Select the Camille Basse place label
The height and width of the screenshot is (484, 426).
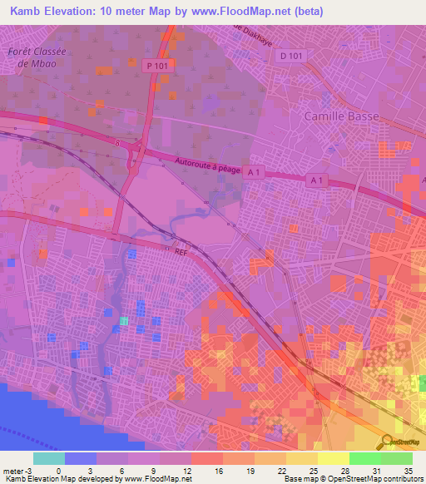(x=341, y=116)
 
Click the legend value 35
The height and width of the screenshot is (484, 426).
(x=407, y=470)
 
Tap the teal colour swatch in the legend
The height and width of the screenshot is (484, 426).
(x=48, y=458)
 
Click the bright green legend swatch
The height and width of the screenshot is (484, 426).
(x=364, y=458)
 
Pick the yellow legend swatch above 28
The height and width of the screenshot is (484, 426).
(x=333, y=458)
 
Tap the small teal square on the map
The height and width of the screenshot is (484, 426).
(x=124, y=321)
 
